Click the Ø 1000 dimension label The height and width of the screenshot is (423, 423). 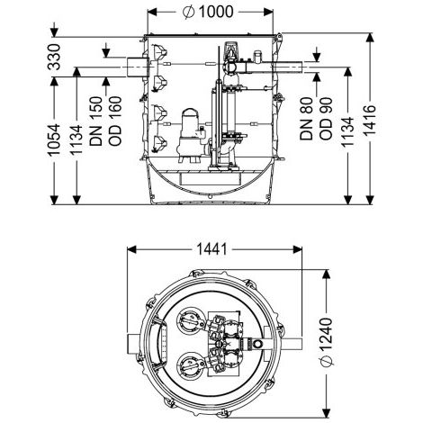(x=208, y=12)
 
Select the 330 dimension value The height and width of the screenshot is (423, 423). (x=54, y=57)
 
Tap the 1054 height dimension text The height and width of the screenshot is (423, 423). (x=54, y=139)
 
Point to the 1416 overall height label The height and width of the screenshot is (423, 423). (x=370, y=121)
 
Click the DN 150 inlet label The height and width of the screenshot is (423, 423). (x=96, y=121)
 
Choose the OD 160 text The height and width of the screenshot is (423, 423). (x=115, y=121)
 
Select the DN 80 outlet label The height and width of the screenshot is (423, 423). (x=306, y=119)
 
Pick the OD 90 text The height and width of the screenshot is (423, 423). (x=326, y=119)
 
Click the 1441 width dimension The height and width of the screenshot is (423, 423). (x=211, y=249)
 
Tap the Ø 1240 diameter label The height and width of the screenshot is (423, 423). (x=327, y=342)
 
